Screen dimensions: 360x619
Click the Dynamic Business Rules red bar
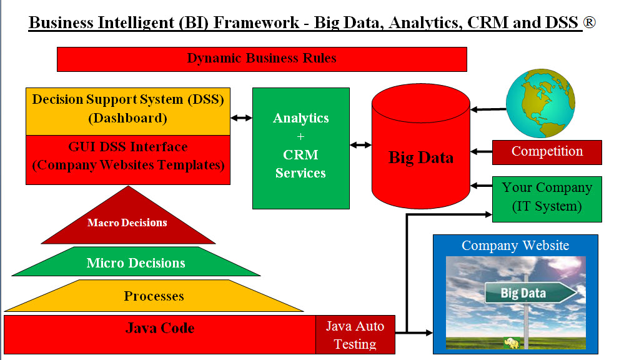pyautogui.click(x=262, y=59)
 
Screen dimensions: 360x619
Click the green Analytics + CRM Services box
pyautogui.click(x=300, y=147)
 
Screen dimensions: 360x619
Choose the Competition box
pyautogui.click(x=547, y=152)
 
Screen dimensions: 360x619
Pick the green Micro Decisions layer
pyautogui.click(x=136, y=262)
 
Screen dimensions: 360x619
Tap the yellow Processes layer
pyautogui.click(x=154, y=296)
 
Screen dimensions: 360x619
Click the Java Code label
pyautogui.click(x=160, y=328)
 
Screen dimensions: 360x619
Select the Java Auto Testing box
pyautogui.click(x=355, y=334)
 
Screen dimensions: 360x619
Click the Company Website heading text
pyautogui.click(x=515, y=246)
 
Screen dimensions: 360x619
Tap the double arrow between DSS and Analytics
pyautogui.click(x=241, y=117)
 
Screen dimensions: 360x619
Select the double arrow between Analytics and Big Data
pyautogui.click(x=360, y=145)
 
